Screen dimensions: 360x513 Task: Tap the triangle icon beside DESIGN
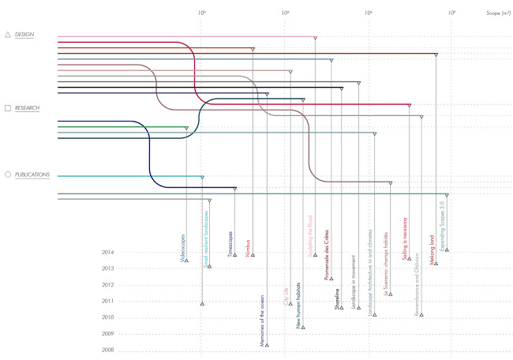point(8,35)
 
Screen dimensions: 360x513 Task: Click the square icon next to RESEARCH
point(8,107)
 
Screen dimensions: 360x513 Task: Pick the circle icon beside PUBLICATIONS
point(8,174)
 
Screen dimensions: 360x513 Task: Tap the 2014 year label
point(109,253)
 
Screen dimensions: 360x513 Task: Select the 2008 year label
point(109,351)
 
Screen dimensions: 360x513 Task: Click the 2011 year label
point(109,302)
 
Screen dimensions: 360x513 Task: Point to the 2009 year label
point(109,334)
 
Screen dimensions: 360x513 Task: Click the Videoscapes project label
point(184,247)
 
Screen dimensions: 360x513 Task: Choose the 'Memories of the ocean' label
point(264,319)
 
